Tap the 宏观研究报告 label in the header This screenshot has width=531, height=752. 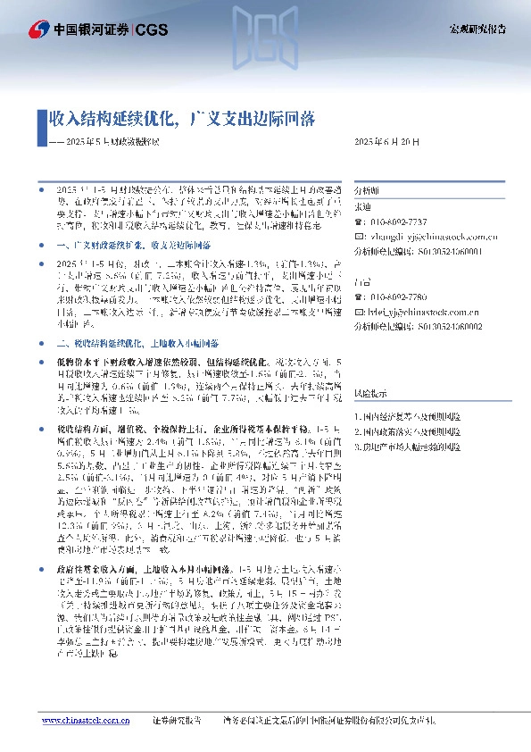click(476, 29)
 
